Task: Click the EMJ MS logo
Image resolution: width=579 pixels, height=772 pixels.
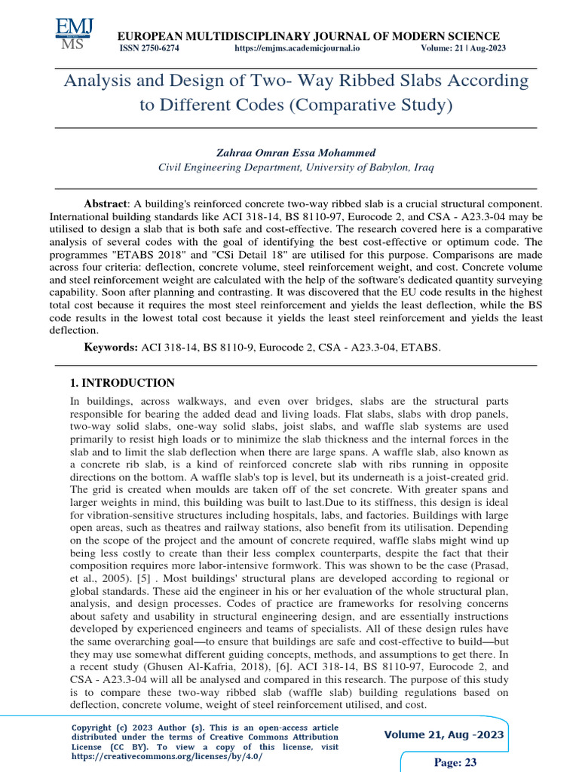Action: click(74, 35)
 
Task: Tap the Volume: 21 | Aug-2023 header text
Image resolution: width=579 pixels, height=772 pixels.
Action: click(463, 48)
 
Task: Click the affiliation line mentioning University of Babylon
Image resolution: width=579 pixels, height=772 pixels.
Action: click(296, 167)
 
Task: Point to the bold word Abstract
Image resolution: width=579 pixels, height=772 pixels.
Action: click(105, 204)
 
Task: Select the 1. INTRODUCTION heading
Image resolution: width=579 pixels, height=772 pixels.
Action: click(121, 383)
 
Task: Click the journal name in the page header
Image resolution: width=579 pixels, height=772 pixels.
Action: click(306, 36)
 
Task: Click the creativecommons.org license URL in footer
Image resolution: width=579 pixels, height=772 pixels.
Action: click(167, 756)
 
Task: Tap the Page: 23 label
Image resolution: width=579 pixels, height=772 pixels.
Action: click(455, 762)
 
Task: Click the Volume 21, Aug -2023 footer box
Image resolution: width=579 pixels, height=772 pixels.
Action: click(444, 735)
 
